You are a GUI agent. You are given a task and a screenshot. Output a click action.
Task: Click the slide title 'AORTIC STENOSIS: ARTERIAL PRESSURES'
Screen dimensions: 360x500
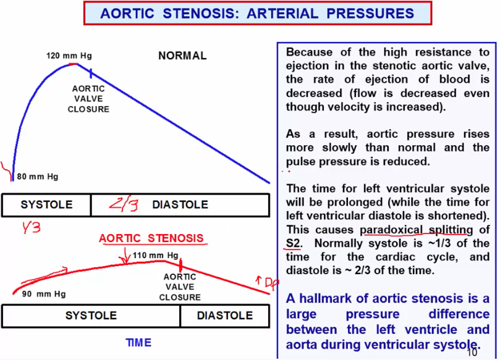pyautogui.click(x=257, y=13)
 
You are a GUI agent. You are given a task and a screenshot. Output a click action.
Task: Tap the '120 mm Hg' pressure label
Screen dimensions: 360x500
pyautogui.click(x=69, y=56)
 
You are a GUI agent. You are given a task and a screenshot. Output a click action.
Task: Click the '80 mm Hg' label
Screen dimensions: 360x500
pyautogui.click(x=38, y=177)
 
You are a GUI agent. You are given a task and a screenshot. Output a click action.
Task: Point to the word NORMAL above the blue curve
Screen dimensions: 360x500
pyautogui.click(x=182, y=56)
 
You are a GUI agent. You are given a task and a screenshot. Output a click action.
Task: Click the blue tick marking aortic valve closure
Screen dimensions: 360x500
pyautogui.click(x=90, y=73)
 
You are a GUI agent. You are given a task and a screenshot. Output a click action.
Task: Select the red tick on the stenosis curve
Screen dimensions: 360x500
pyautogui.click(x=180, y=265)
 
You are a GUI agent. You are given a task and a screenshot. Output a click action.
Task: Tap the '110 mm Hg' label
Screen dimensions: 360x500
pyautogui.click(x=156, y=255)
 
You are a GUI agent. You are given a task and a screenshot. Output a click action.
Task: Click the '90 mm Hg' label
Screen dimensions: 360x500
pyautogui.click(x=44, y=294)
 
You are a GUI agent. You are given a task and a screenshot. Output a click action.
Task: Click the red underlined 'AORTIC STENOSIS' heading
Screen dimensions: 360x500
pyautogui.click(x=151, y=238)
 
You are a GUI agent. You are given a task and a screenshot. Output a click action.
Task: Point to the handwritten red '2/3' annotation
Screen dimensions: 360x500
pyautogui.click(x=124, y=204)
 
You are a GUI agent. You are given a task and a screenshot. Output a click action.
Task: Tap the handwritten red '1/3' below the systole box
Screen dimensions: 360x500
pyautogui.click(x=31, y=227)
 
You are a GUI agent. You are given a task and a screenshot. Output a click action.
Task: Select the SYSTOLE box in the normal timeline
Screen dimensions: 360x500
pyautogui.click(x=46, y=205)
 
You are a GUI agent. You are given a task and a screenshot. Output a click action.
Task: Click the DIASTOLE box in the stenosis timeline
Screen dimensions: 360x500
pyautogui.click(x=225, y=316)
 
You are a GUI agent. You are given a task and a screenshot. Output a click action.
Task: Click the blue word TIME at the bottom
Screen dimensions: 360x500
pyautogui.click(x=138, y=343)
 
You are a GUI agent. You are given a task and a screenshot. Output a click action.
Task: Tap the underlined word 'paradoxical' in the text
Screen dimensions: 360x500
pyautogui.click(x=390, y=230)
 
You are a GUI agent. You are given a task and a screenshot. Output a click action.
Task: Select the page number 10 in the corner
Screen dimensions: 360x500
pyautogui.click(x=472, y=353)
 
